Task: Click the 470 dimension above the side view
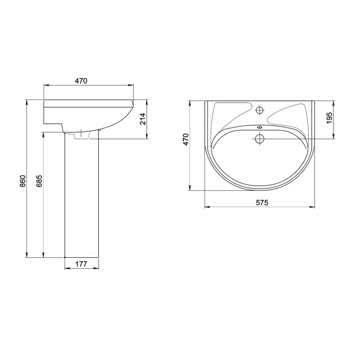click(x=81, y=81)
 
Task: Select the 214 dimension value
click(x=143, y=118)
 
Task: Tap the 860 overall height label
click(x=22, y=181)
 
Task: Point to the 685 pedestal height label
click(x=39, y=181)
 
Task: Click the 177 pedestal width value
click(x=81, y=264)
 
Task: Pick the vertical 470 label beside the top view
click(x=185, y=139)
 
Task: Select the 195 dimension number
click(x=329, y=118)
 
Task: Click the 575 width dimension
click(x=262, y=202)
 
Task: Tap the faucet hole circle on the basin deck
click(x=260, y=110)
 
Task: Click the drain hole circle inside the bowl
click(x=260, y=139)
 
